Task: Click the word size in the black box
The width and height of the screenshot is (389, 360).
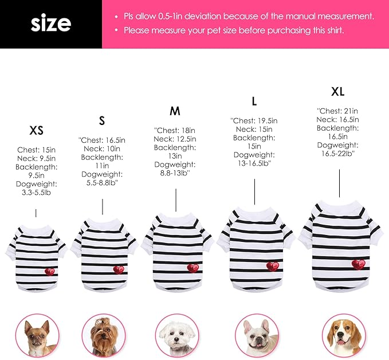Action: pyautogui.click(x=50, y=24)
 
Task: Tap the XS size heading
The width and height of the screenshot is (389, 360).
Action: pyautogui.click(x=37, y=131)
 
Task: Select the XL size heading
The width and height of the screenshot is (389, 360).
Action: pyautogui.click(x=338, y=92)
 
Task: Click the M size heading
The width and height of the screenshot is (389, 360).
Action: pyautogui.click(x=175, y=111)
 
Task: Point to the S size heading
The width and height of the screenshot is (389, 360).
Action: pyautogui.click(x=102, y=121)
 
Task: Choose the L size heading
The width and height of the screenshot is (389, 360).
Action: pyautogui.click(x=254, y=101)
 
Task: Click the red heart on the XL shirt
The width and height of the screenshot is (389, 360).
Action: pyautogui.click(x=358, y=264)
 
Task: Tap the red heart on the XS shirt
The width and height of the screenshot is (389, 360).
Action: pyautogui.click(x=50, y=271)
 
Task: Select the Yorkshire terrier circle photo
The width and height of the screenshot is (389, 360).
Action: pyautogui.click(x=103, y=336)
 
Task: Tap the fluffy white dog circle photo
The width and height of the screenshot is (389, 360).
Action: pyautogui.click(x=177, y=336)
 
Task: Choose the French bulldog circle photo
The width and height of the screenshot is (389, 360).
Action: pyautogui.click(x=256, y=336)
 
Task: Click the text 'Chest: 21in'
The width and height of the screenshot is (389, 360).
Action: pyautogui.click(x=337, y=111)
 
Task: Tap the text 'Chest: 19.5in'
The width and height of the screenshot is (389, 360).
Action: pyautogui.click(x=254, y=121)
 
